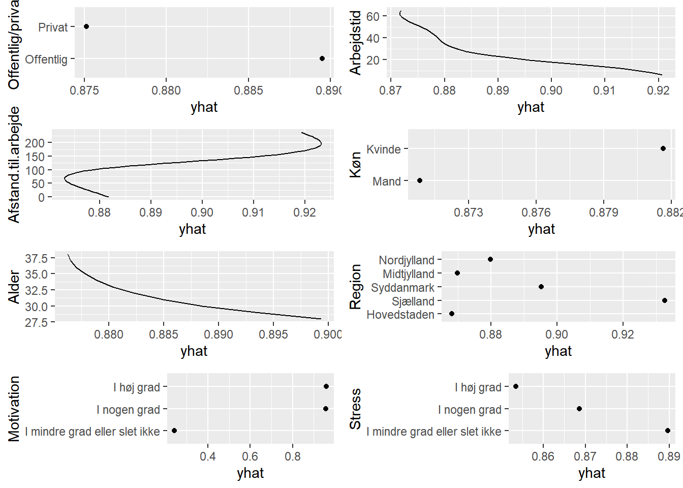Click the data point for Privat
pyautogui.click(x=86, y=26)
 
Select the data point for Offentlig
pyautogui.click(x=322, y=58)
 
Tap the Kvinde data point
pyautogui.click(x=663, y=148)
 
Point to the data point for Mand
pyautogui.click(x=420, y=180)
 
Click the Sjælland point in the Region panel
pyautogui.click(x=665, y=300)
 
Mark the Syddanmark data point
pyautogui.click(x=541, y=287)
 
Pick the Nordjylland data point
pyautogui.click(x=490, y=259)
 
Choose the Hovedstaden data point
pyautogui.click(x=452, y=314)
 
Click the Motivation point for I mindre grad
pyautogui.click(x=174, y=431)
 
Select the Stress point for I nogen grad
pyautogui.click(x=579, y=409)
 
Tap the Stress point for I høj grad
pyautogui.click(x=516, y=386)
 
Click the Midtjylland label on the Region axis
pyautogui.click(x=409, y=274)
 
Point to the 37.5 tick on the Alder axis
pyautogui.click(x=36, y=258)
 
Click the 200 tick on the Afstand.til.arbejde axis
pyautogui.click(x=35, y=143)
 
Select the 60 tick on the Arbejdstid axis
pyautogui.click(x=373, y=16)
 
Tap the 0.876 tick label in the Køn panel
pyautogui.click(x=536, y=212)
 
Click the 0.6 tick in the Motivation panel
pyautogui.click(x=250, y=456)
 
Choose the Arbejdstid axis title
pyautogui.click(x=355, y=43)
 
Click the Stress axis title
pyautogui.click(x=355, y=409)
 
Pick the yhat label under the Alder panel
pyautogui.click(x=194, y=351)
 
